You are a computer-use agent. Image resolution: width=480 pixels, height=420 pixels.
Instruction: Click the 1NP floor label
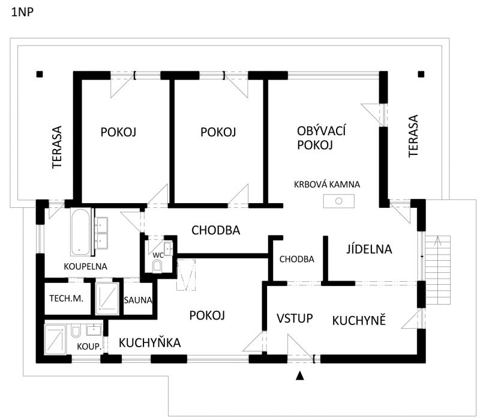22,12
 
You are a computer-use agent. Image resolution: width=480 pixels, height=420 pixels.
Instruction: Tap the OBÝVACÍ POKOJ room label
321,138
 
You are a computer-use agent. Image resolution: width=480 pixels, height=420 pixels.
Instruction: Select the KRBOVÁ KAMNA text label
327,184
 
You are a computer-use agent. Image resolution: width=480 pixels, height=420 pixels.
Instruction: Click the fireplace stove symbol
338,201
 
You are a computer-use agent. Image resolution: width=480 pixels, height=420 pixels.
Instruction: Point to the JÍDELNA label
369,249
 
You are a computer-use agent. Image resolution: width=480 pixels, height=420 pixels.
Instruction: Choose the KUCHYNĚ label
359,321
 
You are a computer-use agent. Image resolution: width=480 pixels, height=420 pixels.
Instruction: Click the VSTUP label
295,318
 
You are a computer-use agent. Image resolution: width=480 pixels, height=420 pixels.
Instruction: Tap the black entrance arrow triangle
300,376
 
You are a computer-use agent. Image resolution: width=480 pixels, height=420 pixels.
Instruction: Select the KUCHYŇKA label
149,342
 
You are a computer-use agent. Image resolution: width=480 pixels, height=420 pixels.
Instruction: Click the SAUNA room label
138,300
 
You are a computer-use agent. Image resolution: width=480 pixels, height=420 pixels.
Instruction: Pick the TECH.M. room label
67,298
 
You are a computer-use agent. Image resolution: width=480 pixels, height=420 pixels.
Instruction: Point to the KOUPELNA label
85,266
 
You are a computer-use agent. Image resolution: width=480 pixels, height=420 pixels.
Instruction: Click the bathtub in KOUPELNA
80,232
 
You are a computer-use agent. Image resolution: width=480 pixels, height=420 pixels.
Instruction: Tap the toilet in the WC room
157,266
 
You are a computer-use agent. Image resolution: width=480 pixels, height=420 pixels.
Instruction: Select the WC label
158,255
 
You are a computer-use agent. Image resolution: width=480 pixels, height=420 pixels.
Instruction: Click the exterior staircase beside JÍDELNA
438,270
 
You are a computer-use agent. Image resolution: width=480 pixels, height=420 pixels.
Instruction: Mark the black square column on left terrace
40,74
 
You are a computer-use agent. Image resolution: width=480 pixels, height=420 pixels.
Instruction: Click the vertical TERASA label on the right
413,136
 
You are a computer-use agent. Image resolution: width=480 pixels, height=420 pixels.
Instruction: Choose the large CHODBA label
216,230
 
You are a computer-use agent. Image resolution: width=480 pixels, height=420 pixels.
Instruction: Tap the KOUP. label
89,347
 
